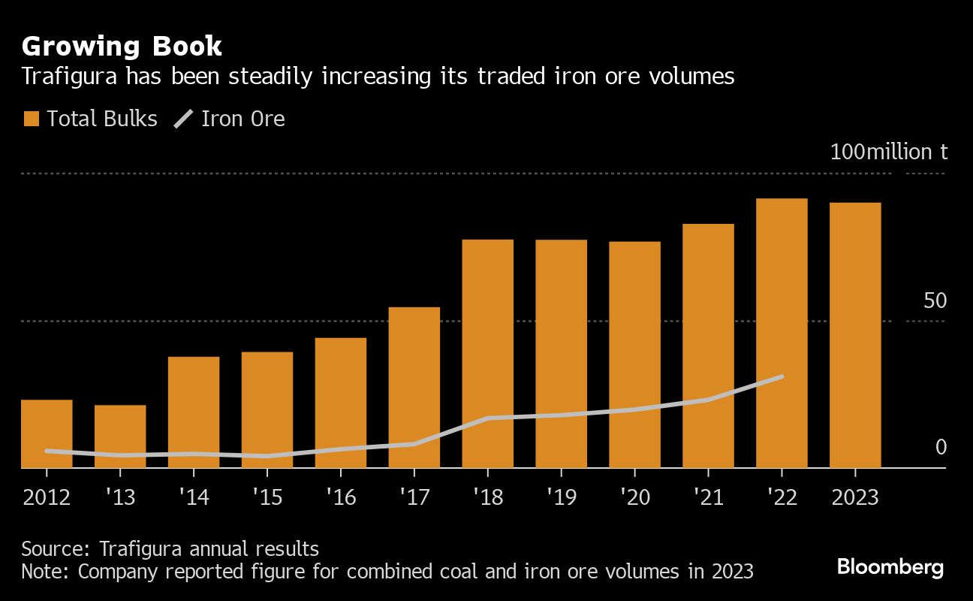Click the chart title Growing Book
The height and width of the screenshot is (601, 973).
click(x=122, y=47)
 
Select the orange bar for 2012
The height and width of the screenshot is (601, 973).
click(x=47, y=433)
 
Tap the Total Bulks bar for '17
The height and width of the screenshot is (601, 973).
click(x=414, y=387)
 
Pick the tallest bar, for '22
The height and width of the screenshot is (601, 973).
click(x=782, y=333)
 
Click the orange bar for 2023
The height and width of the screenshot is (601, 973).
click(x=855, y=335)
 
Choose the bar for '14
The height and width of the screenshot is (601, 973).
click(x=194, y=412)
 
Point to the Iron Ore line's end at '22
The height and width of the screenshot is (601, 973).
click(x=782, y=376)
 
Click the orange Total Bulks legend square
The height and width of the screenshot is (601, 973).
click(x=32, y=119)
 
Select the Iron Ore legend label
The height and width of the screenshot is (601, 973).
click(x=243, y=119)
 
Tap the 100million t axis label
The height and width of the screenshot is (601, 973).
click(x=889, y=152)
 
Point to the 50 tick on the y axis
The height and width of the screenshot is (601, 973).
click(x=935, y=300)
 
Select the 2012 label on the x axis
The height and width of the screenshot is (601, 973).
click(x=47, y=497)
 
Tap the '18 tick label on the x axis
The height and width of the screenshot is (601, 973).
click(x=488, y=497)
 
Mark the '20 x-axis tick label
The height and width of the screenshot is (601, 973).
click(x=634, y=497)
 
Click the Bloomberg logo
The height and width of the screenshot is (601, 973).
click(x=890, y=566)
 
